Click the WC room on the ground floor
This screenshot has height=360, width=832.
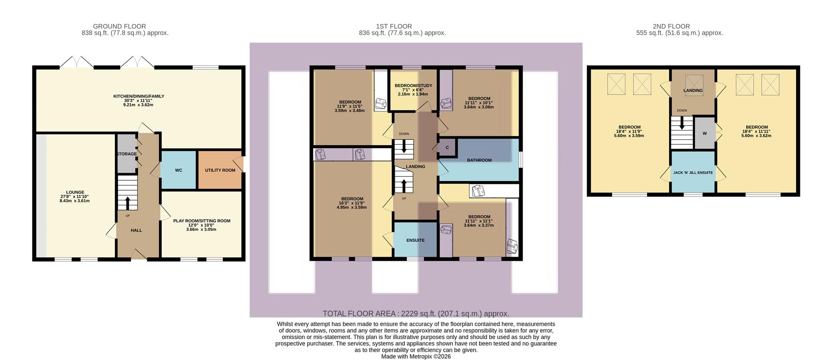tap(178, 170)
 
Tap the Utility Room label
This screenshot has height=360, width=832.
tap(220, 170)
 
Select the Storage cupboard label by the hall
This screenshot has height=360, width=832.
tap(126, 154)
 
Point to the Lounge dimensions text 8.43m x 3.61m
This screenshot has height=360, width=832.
tap(75, 201)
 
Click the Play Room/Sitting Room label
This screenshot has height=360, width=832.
tap(201, 221)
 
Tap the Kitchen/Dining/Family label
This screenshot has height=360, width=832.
tap(139, 96)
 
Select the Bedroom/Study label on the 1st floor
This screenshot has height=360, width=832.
tap(413, 86)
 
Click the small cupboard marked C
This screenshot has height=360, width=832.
tap(447, 148)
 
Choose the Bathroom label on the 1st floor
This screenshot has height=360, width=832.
tap(479, 160)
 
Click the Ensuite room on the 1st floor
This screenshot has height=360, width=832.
tap(415, 240)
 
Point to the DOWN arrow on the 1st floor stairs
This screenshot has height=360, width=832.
tap(404, 147)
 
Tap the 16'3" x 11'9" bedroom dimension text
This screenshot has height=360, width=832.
tap(351, 203)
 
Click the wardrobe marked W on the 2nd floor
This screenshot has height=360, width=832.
tap(704, 133)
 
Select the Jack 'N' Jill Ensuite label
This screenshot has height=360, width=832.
tap(692, 172)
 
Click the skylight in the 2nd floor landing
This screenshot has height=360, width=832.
tap(694, 83)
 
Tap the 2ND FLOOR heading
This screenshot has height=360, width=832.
tap(671, 26)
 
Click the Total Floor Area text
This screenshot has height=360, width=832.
tap(416, 314)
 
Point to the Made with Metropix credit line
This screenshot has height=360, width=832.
tap(416, 357)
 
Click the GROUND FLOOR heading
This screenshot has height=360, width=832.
tap(119, 26)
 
